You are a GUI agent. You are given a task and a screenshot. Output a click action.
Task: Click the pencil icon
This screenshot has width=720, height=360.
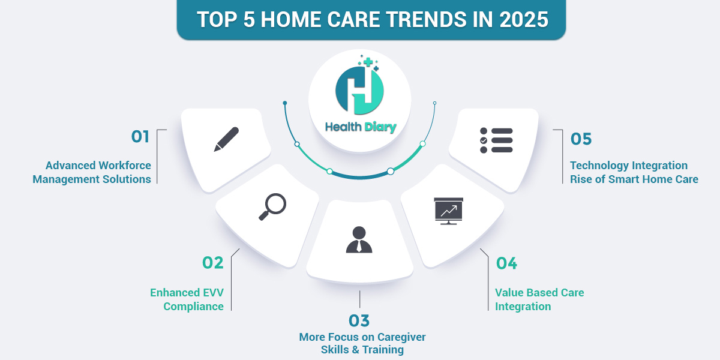(x=226, y=139)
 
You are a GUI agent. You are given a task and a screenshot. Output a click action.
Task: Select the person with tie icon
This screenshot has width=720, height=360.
(x=359, y=239)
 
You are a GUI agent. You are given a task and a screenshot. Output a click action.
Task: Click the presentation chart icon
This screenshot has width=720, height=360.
(x=449, y=211)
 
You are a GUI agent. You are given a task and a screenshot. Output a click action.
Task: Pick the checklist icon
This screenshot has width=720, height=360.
(x=496, y=140)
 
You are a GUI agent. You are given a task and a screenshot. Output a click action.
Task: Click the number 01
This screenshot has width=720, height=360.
(x=140, y=137)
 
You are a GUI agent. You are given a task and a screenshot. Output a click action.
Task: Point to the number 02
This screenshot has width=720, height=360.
(x=212, y=263)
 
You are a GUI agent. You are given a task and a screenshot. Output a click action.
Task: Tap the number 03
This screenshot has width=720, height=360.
(x=360, y=320)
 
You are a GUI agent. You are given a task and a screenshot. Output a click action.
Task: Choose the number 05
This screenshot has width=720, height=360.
(x=581, y=139)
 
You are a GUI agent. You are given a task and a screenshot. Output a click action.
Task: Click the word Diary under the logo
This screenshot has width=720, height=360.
(x=379, y=127)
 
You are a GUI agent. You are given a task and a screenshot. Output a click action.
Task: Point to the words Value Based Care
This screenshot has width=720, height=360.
(x=539, y=293)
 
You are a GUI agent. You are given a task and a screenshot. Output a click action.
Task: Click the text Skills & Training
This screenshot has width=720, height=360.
(x=362, y=350)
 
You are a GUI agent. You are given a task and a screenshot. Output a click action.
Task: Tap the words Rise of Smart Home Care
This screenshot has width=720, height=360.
(x=634, y=179)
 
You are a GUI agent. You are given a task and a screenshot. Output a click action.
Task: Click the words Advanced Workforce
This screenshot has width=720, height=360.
(x=98, y=165)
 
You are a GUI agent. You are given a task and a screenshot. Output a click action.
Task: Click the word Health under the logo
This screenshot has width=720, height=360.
(x=343, y=127)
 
